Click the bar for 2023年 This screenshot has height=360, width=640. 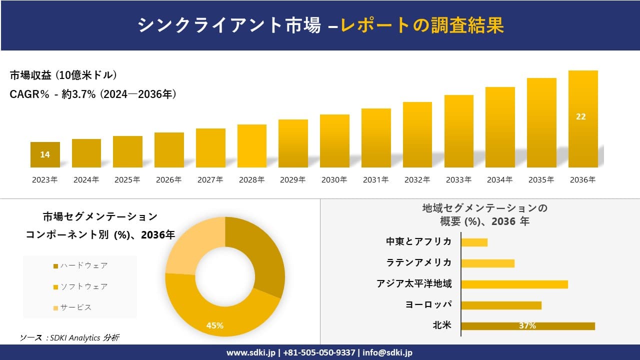point(45,155)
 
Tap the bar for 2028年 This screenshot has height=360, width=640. point(252,146)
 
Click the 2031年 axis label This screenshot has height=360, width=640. point(375,180)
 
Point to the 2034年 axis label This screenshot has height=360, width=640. point(499,180)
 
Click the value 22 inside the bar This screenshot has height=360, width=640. point(580,116)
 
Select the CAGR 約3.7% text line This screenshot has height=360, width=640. point(93,94)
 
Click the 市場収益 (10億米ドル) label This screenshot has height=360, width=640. point(63,75)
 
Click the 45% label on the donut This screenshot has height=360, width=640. point(215,325)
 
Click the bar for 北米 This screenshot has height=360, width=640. point(527,326)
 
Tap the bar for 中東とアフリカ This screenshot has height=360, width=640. point(474,242)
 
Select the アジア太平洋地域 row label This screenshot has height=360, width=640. point(414,284)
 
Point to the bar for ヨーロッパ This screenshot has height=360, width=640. point(501,305)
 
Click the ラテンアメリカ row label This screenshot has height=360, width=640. point(419,262)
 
